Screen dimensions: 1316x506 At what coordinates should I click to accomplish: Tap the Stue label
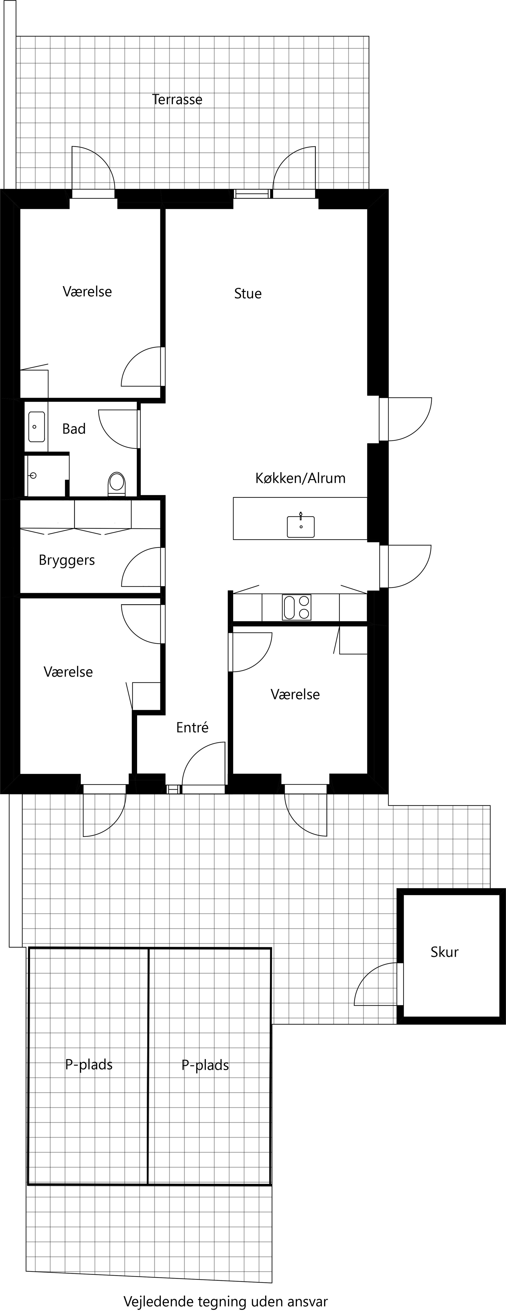pos(248,294)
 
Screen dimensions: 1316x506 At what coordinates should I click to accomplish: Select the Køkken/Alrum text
pos(300,478)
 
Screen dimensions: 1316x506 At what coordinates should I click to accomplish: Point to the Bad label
pos(74,429)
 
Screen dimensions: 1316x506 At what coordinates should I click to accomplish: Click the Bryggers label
pos(67,560)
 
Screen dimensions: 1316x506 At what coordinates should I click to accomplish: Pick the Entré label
pos(193,728)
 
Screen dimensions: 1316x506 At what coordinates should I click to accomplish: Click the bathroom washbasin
pos(36,426)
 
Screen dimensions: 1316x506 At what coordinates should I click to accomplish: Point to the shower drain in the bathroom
pos(34,476)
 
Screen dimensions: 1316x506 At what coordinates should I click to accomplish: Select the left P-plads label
pos(89,1065)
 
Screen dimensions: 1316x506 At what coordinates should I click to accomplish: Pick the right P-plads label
pos(205,1065)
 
